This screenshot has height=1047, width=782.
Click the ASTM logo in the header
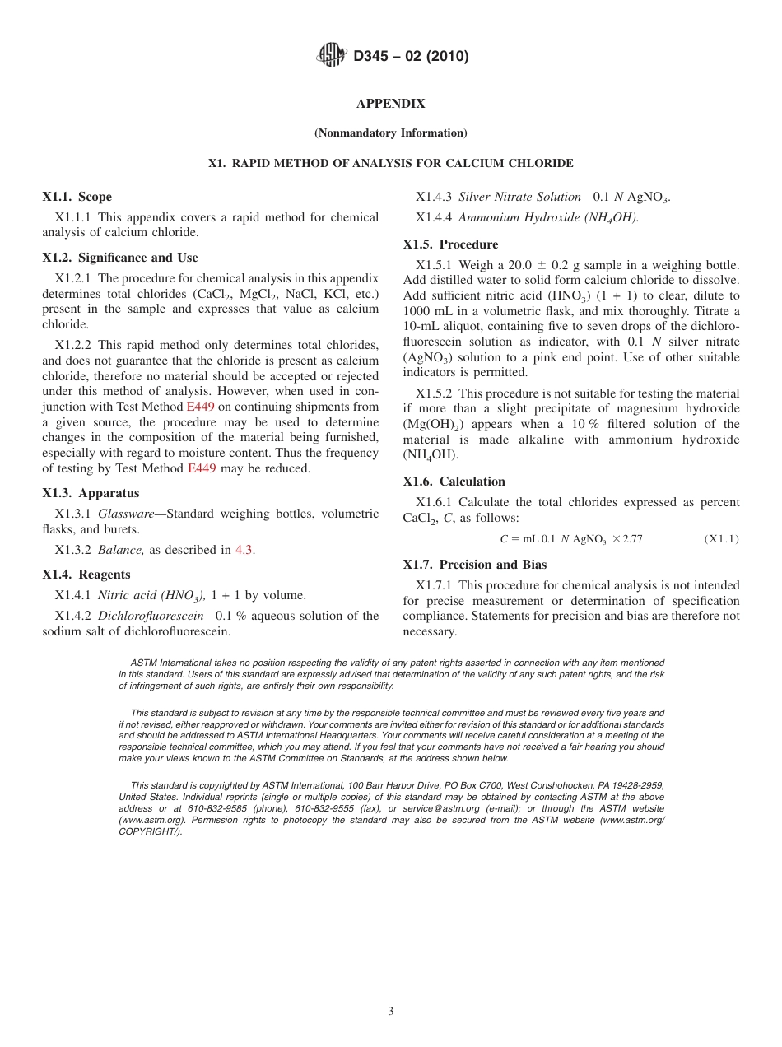pos(331,56)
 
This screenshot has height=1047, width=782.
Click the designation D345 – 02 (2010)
pos(411,57)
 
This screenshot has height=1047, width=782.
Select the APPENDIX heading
pos(390,104)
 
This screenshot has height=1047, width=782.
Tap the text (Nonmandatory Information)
pos(390,133)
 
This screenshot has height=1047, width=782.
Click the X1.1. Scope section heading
pos(77,197)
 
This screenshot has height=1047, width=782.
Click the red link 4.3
pos(244,550)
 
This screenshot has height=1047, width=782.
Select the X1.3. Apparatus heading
pos(91,493)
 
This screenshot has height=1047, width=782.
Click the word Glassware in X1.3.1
pos(126,514)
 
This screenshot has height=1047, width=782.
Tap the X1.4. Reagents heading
pos(86,575)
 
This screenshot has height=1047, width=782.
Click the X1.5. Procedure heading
pos(450,244)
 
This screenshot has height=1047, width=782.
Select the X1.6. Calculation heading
pos(454,482)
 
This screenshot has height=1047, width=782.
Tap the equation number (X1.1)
pos(721,539)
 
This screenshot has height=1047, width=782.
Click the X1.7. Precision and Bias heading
pos(474,565)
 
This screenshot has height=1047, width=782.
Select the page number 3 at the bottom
pos(391,1011)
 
